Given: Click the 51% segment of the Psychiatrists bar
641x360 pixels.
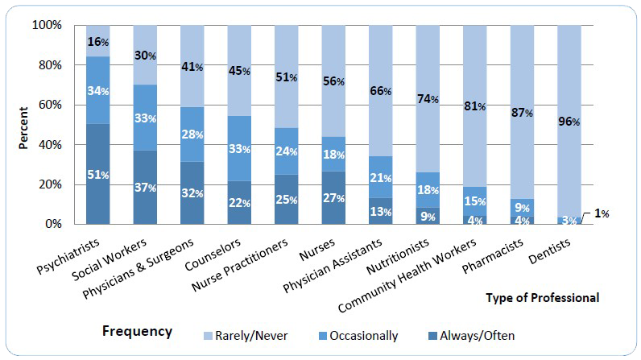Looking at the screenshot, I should tap(98, 174).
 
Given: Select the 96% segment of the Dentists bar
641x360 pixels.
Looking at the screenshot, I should tap(569, 121).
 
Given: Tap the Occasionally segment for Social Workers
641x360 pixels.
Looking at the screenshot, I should tap(145, 118).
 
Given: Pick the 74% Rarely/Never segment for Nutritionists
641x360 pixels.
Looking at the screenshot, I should tap(428, 99).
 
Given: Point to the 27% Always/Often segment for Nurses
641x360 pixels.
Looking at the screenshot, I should tap(334, 197).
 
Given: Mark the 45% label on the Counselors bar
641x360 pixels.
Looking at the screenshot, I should tap(239, 70).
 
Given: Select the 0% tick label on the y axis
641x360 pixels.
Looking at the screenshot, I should tap(53, 224).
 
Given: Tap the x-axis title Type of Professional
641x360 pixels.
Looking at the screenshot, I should tap(542, 298).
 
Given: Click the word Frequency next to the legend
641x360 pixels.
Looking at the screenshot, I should tap(137, 331).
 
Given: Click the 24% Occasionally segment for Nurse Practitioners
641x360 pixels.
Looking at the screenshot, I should tap(287, 151).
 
